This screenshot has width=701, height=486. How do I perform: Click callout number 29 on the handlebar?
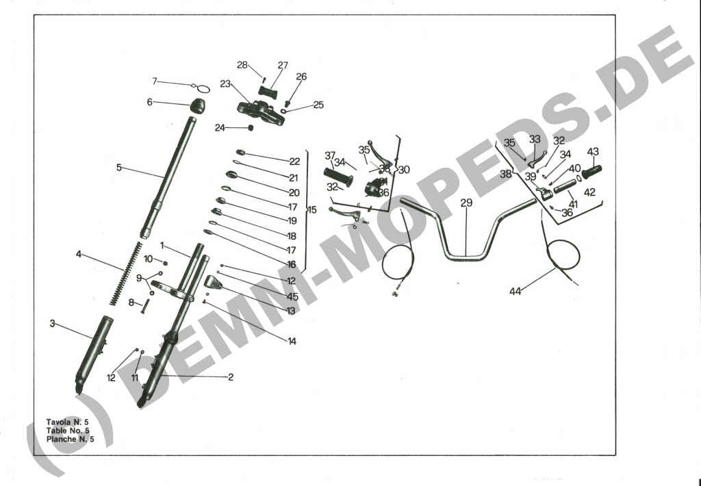466,203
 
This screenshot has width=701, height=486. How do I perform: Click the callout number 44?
515,292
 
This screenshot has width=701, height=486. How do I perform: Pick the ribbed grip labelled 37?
338,177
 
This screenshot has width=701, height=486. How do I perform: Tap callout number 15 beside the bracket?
312,209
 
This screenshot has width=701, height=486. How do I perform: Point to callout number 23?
225,84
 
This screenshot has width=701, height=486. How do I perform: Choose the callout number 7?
155,81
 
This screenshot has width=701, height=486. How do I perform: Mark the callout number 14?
292,341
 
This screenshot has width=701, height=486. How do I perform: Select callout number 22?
294,162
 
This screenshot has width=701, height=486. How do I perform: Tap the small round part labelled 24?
251,128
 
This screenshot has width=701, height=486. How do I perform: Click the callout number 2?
231,376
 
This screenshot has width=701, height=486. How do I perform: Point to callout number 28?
242,65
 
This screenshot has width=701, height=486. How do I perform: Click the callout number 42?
589,192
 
